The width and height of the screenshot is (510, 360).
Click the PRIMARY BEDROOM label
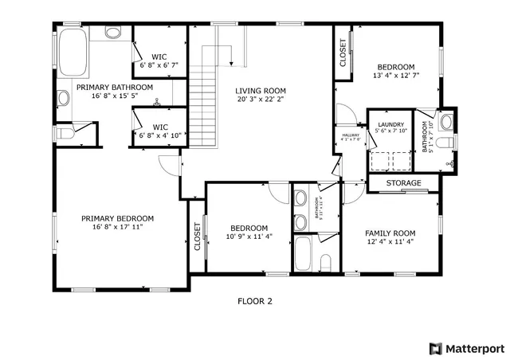tap(117, 218)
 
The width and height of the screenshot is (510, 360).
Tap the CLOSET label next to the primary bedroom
tap(198, 237)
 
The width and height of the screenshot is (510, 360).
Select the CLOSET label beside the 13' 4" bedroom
tap(343, 57)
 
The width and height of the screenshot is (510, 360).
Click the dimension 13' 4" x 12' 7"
tap(395, 76)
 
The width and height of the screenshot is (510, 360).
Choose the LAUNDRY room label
tap(390, 125)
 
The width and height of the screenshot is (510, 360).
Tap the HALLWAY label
tap(351, 135)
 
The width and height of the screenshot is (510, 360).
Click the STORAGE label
tap(403, 183)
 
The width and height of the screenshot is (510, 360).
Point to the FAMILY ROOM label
tap(390, 233)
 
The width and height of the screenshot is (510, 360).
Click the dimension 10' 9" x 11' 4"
tap(249, 236)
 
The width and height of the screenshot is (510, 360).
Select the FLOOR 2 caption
tap(255, 301)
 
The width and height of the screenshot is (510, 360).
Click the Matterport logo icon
tap(435, 348)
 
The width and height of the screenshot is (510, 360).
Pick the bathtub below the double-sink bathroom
tap(304, 254)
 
